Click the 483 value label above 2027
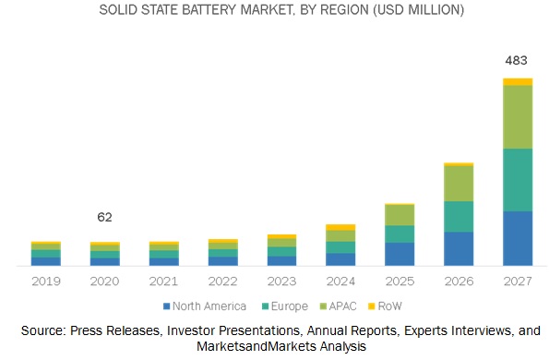518,61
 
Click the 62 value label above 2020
104,217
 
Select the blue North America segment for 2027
518,238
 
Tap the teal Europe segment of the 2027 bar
518,180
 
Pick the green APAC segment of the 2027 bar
518,116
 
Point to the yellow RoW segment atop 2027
518,82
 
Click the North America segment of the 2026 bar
459,248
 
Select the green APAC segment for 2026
459,184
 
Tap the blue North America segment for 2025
400,254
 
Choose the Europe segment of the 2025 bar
400,234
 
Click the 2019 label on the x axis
45,280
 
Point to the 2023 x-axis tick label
281,280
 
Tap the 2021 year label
163,280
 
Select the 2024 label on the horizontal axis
340,280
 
